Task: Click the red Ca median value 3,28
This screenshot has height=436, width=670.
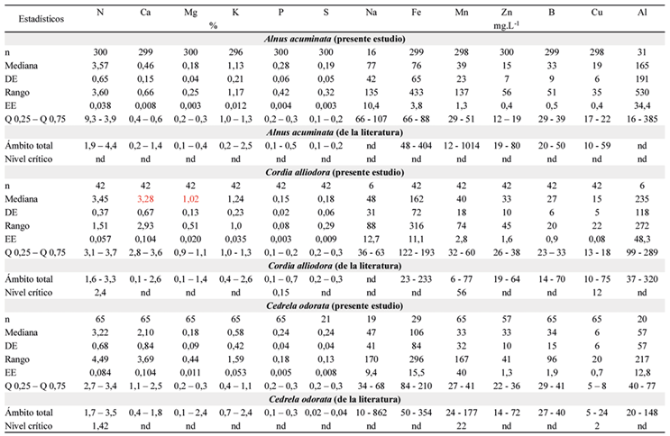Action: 145,199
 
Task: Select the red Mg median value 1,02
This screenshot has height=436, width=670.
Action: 190,199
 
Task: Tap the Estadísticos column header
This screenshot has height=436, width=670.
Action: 41,19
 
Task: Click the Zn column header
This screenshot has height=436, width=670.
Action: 507,13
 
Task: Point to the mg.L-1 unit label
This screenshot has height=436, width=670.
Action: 507,25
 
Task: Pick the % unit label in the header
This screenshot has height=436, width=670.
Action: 213,25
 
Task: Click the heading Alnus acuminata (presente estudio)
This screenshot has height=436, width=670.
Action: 335,39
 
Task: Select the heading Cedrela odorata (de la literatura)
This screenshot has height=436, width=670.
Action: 335,399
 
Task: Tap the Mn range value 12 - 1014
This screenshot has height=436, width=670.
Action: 462,146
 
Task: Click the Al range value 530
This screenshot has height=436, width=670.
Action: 642,92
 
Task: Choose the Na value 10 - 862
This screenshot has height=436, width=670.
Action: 371,413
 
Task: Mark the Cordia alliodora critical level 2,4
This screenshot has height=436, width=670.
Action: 100,293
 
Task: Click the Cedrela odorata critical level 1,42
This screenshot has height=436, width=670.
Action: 100,426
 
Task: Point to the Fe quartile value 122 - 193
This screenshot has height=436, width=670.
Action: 417,252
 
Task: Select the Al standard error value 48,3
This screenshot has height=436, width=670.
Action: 642,239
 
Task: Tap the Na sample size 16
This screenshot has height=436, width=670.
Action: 371,52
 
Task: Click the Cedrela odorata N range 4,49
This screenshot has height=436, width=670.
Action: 100,359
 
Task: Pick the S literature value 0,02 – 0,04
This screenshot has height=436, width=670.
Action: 326,413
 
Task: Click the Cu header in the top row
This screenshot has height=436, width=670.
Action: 596,13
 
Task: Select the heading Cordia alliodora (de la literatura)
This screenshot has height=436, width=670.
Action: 335,266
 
